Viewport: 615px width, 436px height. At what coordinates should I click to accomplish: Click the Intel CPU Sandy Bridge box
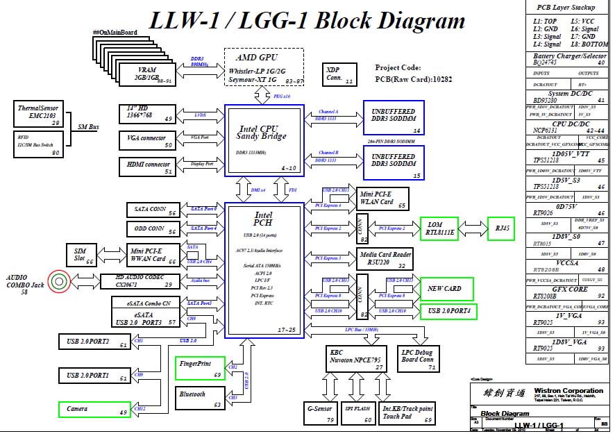click(x=264, y=139)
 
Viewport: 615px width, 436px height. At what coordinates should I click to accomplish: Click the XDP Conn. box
click(x=339, y=75)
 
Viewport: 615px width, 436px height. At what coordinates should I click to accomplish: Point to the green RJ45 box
click(x=500, y=228)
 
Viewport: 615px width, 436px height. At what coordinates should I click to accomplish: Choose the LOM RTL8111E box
click(x=439, y=228)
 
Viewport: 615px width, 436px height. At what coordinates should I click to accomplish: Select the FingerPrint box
click(x=200, y=368)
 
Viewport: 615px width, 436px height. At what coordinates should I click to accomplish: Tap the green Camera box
click(x=94, y=409)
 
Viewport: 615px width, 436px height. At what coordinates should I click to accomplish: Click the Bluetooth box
click(x=200, y=399)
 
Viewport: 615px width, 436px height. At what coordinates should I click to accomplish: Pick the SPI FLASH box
click(x=358, y=412)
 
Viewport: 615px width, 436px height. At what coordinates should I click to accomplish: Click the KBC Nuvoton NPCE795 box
click(x=357, y=358)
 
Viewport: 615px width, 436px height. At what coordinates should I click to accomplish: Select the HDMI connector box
click(x=149, y=167)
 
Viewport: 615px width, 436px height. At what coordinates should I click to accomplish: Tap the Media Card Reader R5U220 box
click(x=385, y=259)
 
